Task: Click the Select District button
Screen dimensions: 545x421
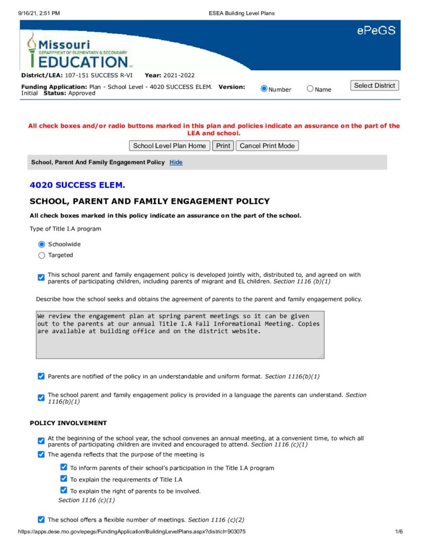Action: pyautogui.click(x=375, y=86)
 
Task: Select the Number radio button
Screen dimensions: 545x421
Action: pyautogui.click(x=264, y=89)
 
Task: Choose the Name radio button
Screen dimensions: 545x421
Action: pyautogui.click(x=310, y=89)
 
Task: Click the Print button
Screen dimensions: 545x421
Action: pyautogui.click(x=223, y=146)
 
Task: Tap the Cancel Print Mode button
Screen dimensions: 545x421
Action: pyautogui.click(x=267, y=146)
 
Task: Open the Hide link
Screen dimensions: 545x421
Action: pyautogui.click(x=176, y=162)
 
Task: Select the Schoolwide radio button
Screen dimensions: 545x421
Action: pyautogui.click(x=42, y=244)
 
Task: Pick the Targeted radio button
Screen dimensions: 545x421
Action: pyautogui.click(x=42, y=255)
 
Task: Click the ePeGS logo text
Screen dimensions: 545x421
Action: pyautogui.click(x=376, y=31)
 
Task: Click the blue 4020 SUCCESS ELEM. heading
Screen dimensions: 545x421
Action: pyautogui.click(x=78, y=185)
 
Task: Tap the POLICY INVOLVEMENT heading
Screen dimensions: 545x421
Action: pyautogui.click(x=68, y=423)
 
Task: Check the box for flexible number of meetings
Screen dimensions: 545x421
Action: pyautogui.click(x=41, y=519)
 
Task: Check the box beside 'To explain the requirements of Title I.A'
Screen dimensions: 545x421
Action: pyautogui.click(x=64, y=479)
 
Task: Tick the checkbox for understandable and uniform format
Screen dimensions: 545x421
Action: pyautogui.click(x=41, y=376)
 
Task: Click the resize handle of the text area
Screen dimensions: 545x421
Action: pyautogui.click(x=322, y=356)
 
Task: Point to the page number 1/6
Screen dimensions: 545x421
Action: pyautogui.click(x=399, y=532)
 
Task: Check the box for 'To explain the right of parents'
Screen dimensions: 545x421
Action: pyautogui.click(x=64, y=491)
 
